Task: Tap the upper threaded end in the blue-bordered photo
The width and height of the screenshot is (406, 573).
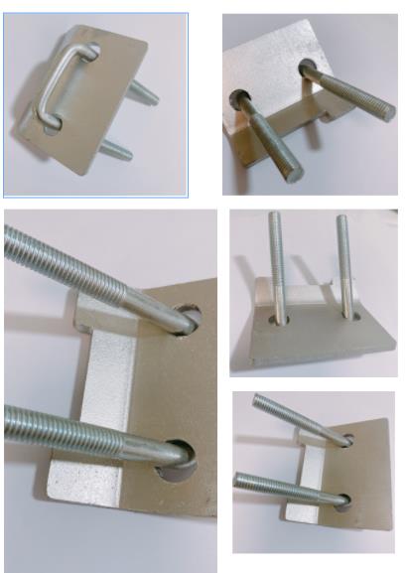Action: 145,95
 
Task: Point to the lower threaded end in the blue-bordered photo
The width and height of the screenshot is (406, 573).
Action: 117,152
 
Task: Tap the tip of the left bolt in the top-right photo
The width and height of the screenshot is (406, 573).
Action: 295,175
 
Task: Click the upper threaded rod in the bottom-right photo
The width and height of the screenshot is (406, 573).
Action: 298,416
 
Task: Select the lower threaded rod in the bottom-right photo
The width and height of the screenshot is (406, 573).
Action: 288,487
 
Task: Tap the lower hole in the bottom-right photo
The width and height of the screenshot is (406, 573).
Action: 341,501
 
